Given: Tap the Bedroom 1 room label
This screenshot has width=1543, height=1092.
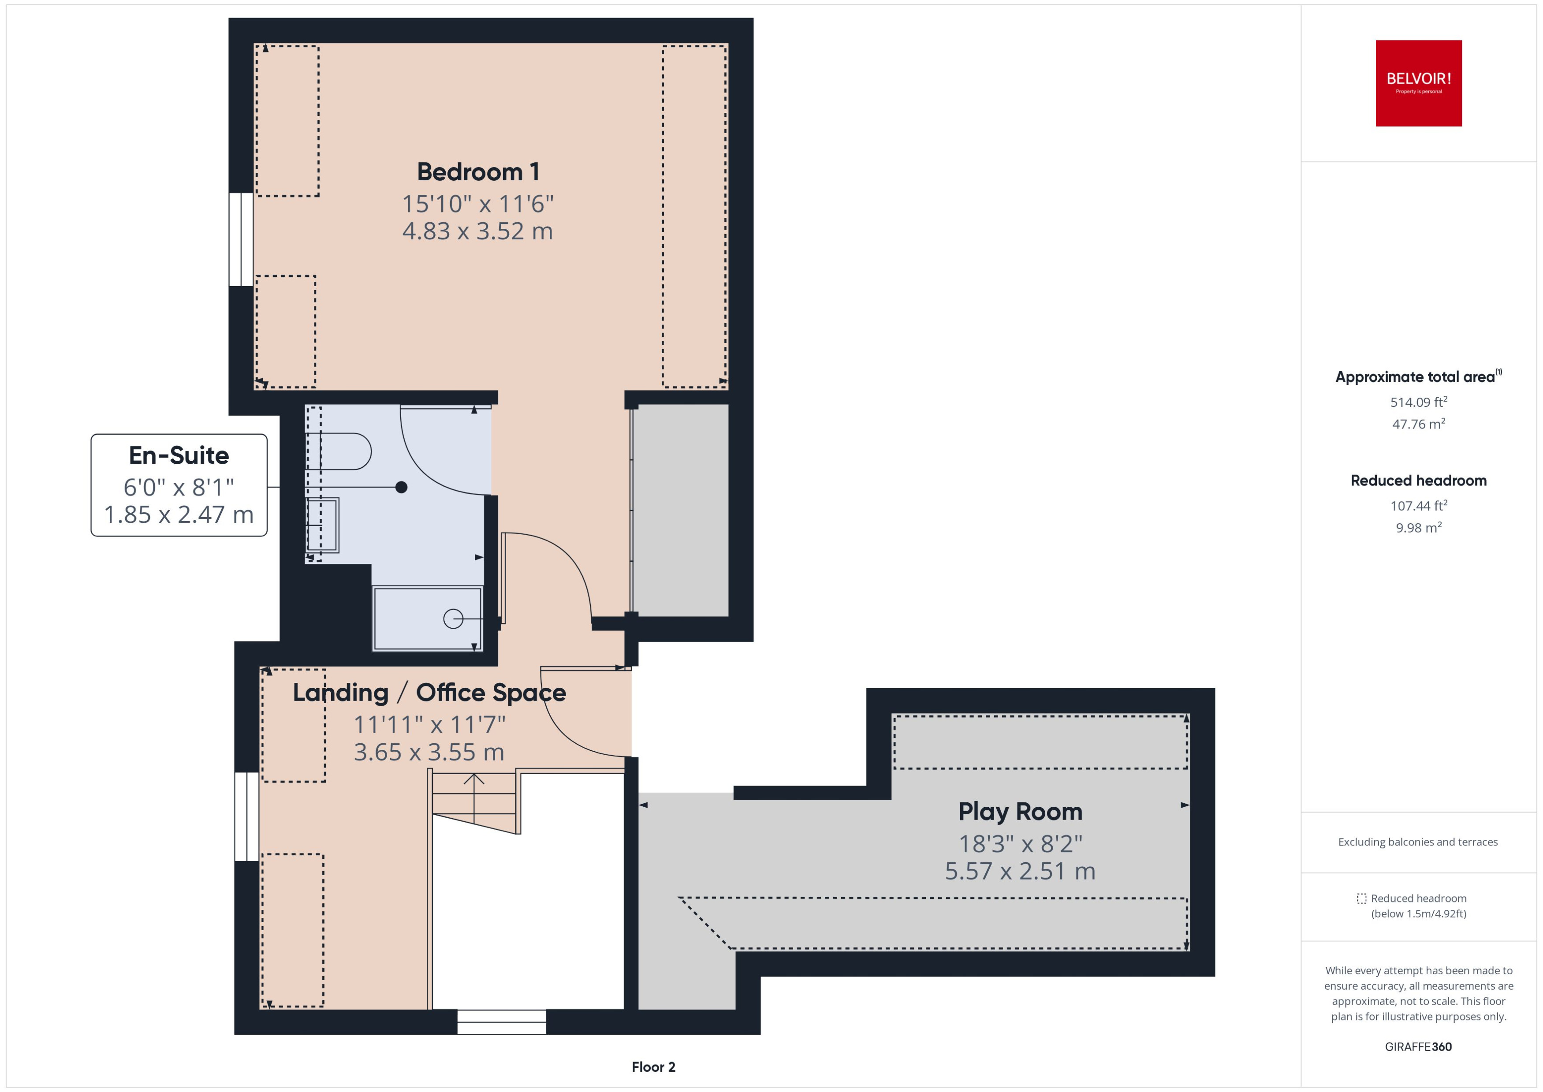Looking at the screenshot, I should (x=478, y=171).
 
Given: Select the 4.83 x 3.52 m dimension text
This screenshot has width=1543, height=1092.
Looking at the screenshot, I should (x=477, y=231).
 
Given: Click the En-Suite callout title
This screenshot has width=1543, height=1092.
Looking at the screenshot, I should (x=179, y=455).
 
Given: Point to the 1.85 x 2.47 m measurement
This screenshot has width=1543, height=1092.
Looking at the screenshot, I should (x=179, y=514).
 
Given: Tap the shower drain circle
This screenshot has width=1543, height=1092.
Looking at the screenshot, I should (x=453, y=619).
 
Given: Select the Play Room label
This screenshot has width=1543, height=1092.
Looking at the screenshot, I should (x=1020, y=812).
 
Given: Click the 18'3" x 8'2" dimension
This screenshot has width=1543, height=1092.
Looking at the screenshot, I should (x=1020, y=843).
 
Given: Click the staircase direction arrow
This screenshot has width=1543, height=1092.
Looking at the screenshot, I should (x=474, y=780).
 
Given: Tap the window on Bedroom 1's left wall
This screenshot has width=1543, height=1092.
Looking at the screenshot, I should (x=241, y=239).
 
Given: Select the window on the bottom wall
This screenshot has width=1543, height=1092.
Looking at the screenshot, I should (x=502, y=1021).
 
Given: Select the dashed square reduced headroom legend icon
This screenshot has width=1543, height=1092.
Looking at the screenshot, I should (x=1361, y=898).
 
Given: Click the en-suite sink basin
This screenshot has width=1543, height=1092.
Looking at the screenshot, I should (x=323, y=525).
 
